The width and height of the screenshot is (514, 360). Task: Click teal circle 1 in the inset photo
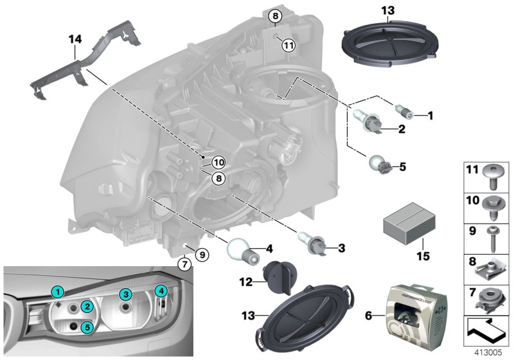tap(57, 292)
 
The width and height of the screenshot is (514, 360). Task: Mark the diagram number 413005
tap(490, 352)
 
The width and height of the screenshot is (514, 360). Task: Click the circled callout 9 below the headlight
tap(200, 255)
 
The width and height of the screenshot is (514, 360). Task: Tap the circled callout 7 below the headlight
tap(184, 264)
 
